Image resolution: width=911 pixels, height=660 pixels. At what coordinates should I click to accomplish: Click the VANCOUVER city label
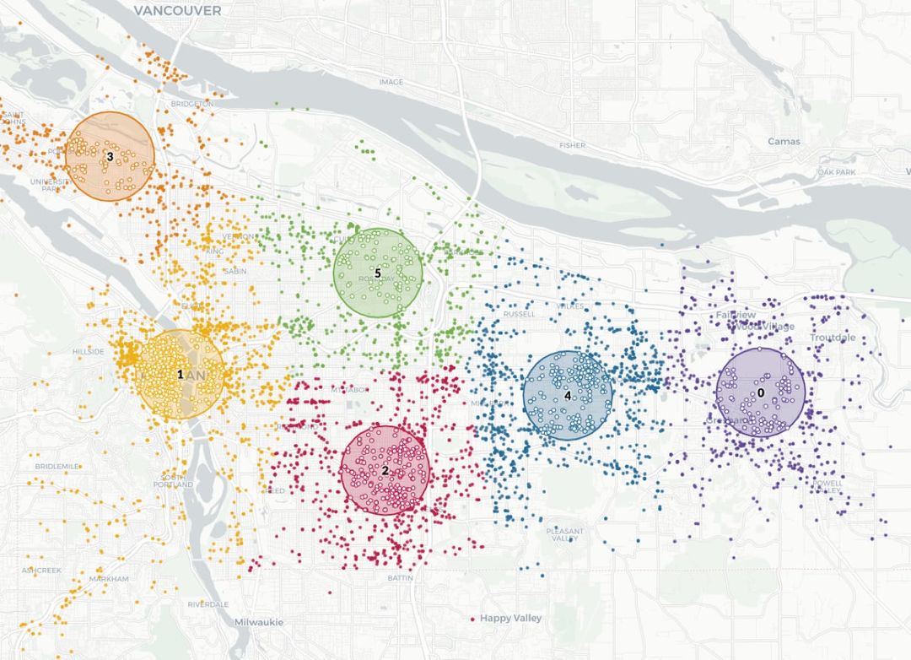click(177, 11)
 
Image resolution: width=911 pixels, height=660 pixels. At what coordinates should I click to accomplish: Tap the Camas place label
click(784, 141)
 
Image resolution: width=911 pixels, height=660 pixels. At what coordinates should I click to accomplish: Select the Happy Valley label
click(511, 619)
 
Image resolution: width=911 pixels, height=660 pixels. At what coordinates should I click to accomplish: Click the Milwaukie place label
click(257, 622)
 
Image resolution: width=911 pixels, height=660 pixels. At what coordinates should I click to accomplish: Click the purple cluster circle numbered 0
click(760, 392)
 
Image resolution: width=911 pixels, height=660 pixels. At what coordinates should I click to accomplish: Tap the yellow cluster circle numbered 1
click(180, 374)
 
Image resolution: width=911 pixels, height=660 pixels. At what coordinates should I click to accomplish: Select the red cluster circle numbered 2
click(385, 470)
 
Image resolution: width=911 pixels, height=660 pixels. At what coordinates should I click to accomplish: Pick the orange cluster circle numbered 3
click(110, 157)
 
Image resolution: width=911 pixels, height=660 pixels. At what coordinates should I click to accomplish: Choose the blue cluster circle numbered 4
click(568, 395)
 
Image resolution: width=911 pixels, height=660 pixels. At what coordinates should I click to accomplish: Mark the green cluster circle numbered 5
click(378, 273)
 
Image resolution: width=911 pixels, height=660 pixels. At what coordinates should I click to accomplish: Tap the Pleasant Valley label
click(563, 534)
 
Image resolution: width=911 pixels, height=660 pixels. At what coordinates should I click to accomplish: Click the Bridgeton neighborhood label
click(191, 104)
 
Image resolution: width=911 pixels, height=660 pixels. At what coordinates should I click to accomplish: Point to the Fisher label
click(572, 145)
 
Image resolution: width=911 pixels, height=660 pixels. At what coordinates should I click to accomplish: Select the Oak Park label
click(837, 172)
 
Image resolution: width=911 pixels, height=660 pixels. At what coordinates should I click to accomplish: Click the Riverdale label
click(208, 604)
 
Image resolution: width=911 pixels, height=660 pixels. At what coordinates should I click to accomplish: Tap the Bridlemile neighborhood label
click(57, 466)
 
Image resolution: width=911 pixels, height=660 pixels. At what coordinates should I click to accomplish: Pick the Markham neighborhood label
click(109, 579)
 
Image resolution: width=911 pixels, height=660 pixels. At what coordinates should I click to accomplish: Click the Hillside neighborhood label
click(88, 351)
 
